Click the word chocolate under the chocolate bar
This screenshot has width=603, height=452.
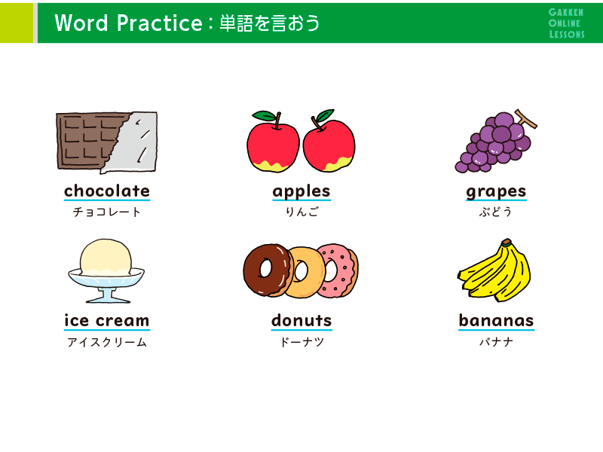pyautogui.click(x=107, y=191)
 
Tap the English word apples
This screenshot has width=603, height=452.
pyautogui.click(x=301, y=192)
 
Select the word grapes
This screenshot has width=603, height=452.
pyautogui.click(x=496, y=192)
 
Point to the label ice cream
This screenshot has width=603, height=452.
pyautogui.click(x=107, y=321)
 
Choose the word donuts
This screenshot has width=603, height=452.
pyautogui.click(x=301, y=321)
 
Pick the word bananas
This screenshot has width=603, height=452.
pyautogui.click(x=496, y=321)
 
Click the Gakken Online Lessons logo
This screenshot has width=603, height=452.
pyautogui.click(x=567, y=23)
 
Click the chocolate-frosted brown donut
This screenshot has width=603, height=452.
pyautogui.click(x=268, y=270)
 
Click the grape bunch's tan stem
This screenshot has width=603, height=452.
pyautogui.click(x=526, y=118)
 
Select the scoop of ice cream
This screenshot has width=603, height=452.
pyautogui.click(x=106, y=257)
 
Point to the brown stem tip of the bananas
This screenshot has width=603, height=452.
pyautogui.click(x=507, y=242)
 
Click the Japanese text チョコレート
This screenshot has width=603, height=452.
pyautogui.click(x=107, y=212)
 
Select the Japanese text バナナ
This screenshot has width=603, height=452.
pyautogui.click(x=496, y=341)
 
